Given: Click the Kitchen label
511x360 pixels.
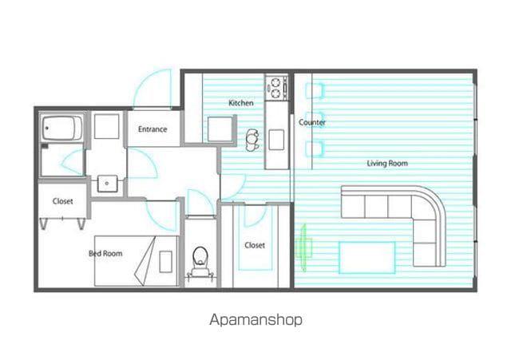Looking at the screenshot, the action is pos(241,103).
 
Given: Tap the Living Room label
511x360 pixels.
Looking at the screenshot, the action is pos(387,163).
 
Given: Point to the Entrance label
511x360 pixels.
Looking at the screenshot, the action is pos(153,129).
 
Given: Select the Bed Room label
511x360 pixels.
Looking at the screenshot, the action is pos(105,253).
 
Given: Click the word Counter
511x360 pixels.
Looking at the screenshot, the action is pos(312,122).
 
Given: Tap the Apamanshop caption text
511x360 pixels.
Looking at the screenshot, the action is pos(255,320).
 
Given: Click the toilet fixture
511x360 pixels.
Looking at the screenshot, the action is pos(200,262).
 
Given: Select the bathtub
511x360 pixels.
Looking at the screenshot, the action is pos(62,128).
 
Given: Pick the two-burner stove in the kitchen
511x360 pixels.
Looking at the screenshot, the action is pos(276,87).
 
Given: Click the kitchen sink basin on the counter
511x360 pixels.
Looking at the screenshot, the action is pos(276,140).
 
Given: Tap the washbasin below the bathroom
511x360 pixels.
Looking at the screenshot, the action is pos(107,184).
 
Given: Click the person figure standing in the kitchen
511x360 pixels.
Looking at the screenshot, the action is pos(252,140).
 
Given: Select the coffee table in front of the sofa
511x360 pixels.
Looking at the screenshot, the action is pos(367,257).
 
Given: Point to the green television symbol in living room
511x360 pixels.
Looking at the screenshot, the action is pos(304,247).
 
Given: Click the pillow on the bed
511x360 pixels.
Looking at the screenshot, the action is pos(166,262).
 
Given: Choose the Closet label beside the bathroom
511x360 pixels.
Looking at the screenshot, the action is pos(62,201).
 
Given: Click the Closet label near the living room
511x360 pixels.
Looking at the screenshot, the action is pos(255,245).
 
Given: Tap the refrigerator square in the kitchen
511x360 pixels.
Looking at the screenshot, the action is pos(220,129).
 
